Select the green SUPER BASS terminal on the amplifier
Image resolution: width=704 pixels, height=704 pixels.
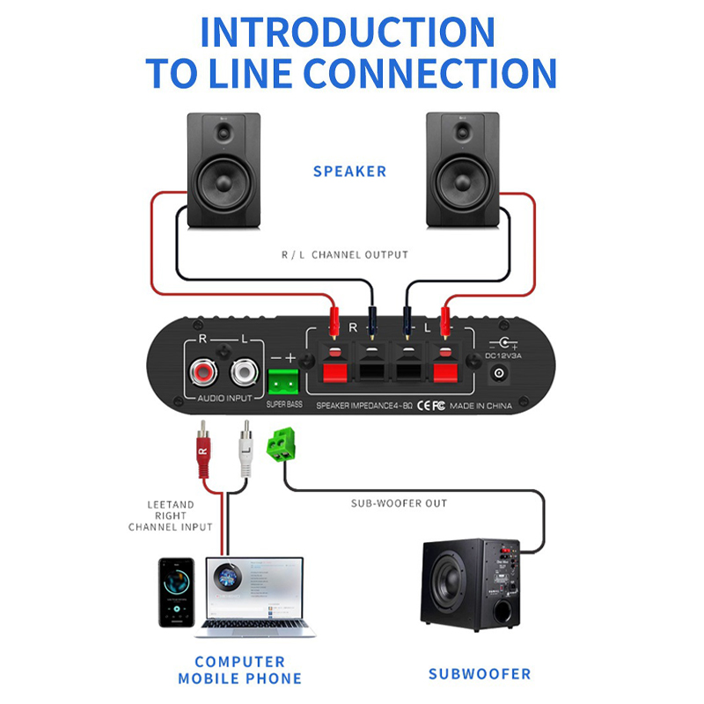282,382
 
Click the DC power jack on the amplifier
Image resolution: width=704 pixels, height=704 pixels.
501,374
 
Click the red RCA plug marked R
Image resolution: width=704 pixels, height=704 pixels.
203,453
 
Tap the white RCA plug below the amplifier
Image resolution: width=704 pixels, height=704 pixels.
246,453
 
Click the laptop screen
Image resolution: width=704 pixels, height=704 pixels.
254,590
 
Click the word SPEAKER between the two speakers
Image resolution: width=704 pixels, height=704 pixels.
349,171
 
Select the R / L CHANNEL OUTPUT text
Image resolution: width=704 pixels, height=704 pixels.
345,254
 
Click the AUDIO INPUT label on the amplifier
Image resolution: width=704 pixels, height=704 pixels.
225,399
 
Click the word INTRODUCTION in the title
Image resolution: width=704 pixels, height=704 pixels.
348,33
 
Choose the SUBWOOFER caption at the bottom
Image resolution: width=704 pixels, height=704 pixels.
480,674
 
